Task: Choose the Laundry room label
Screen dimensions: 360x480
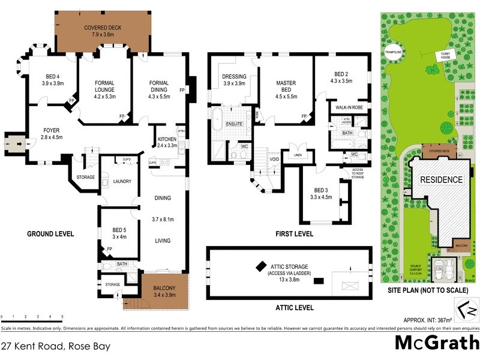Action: click(x=122, y=181)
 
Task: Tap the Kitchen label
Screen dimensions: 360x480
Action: click(x=167, y=139)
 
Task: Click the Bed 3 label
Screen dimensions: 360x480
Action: click(x=321, y=189)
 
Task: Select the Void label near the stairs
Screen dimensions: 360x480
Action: click(x=274, y=160)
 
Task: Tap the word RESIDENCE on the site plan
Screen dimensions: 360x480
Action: click(x=441, y=179)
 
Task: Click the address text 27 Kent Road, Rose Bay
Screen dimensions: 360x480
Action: click(x=56, y=346)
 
